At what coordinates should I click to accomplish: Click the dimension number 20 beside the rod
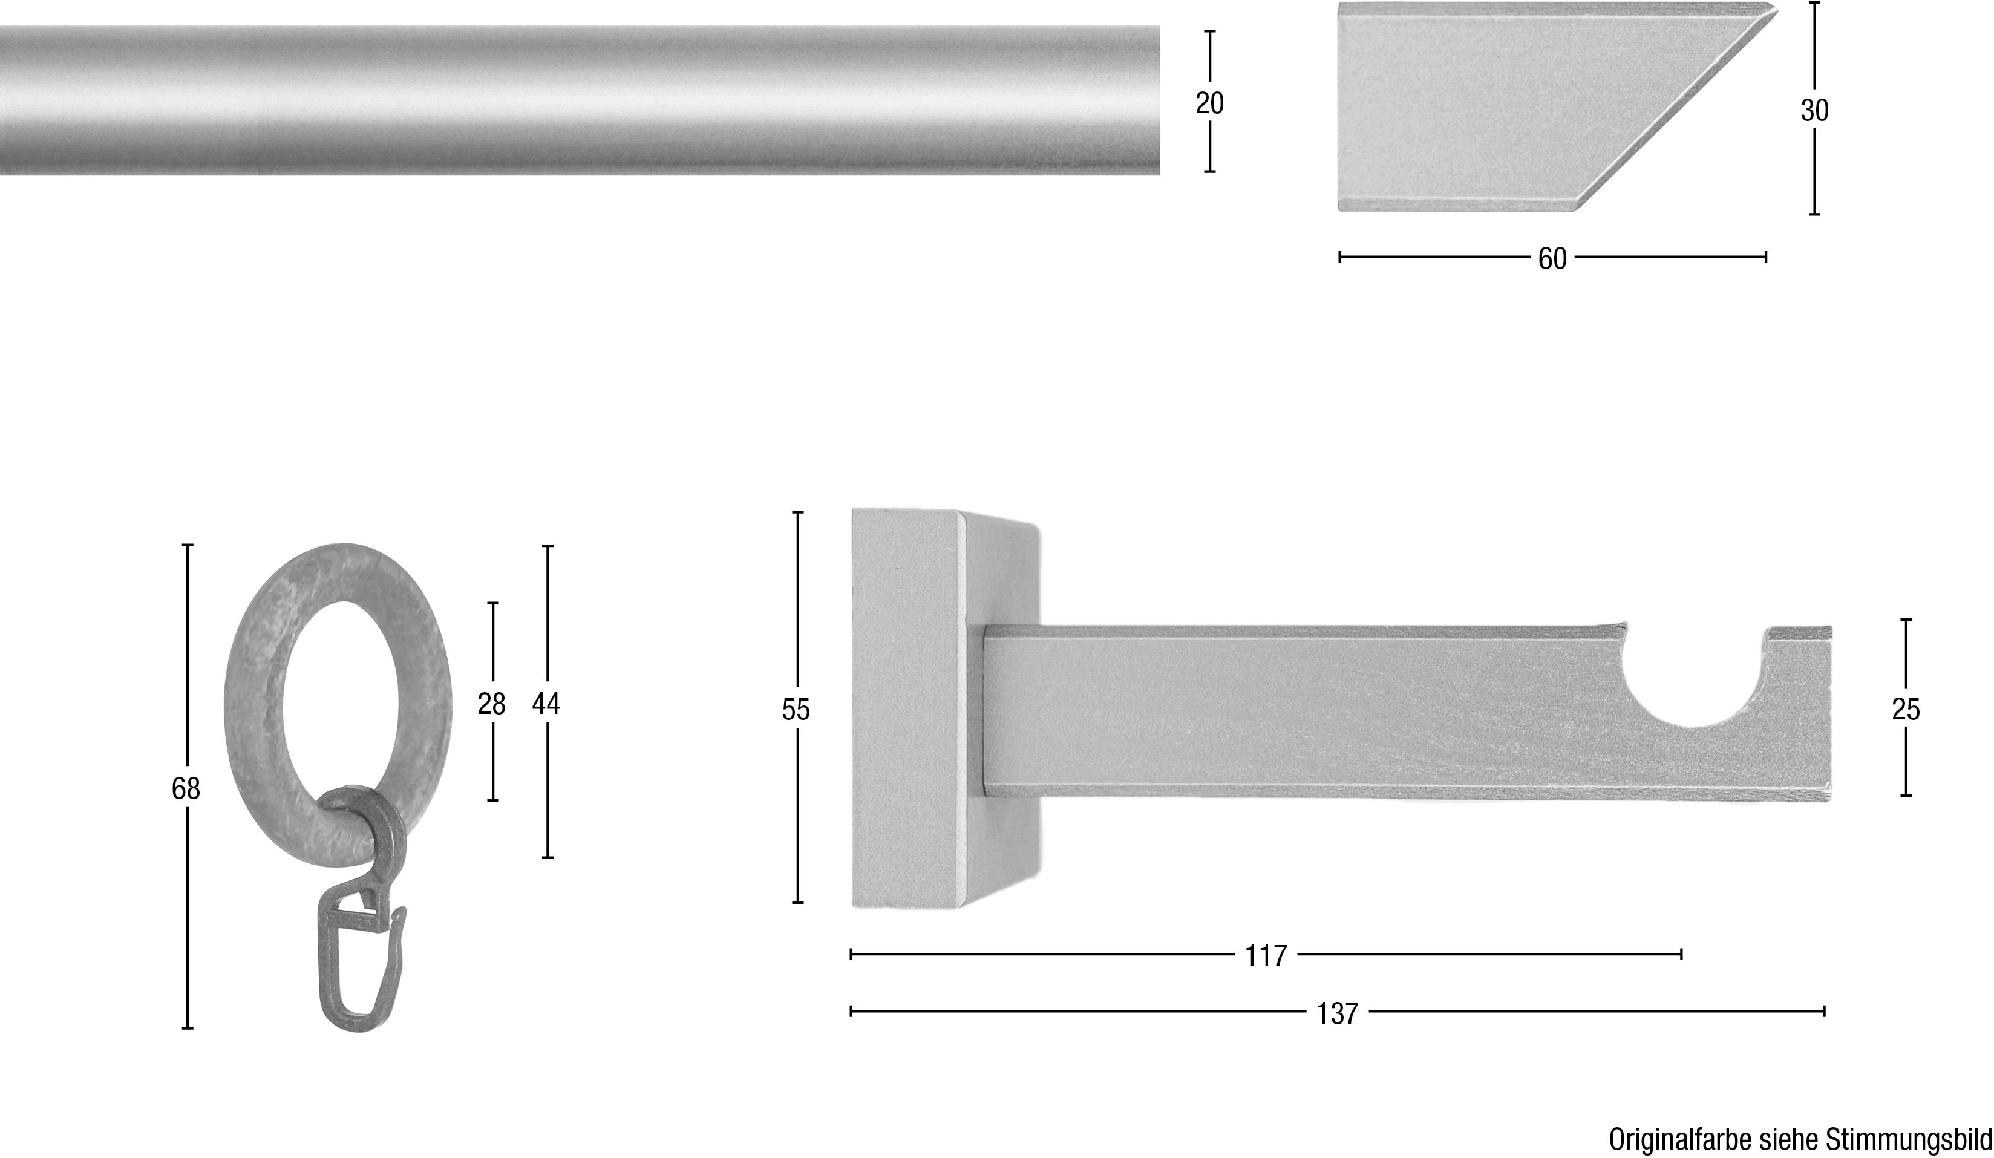point(1209,103)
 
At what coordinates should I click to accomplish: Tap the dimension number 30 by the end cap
point(1814,111)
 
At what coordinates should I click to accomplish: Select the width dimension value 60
point(1552,259)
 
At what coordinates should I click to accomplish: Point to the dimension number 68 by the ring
point(186,789)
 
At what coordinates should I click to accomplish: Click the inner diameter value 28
point(491,704)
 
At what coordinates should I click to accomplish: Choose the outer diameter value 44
point(546,704)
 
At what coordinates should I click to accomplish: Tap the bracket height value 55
point(796,710)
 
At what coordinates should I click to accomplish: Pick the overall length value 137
point(1337,1013)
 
